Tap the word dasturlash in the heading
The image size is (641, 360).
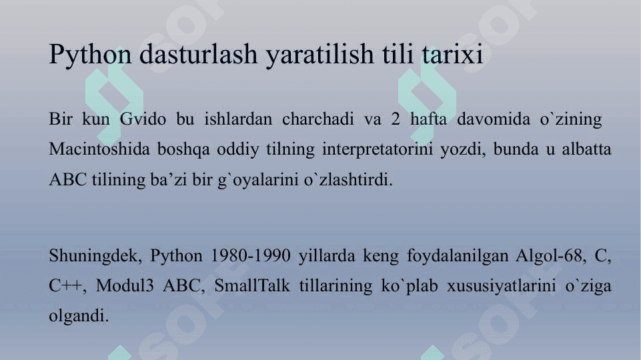[x=198, y=54]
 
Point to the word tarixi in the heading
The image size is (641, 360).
[x=453, y=55]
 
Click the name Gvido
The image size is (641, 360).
[x=143, y=119]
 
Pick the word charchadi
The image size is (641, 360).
[x=318, y=119]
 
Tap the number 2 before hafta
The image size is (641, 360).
[x=396, y=119]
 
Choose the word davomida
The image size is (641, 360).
[x=494, y=119]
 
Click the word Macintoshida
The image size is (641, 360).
[x=99, y=149]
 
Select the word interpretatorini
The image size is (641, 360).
[x=378, y=149]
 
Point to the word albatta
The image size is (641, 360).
[x=586, y=149]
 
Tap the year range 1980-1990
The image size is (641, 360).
[x=250, y=255]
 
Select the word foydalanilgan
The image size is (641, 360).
[x=457, y=256]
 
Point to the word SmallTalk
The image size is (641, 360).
[x=252, y=285]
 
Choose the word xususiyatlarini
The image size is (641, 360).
[x=501, y=286]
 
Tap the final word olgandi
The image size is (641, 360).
[x=79, y=315]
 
